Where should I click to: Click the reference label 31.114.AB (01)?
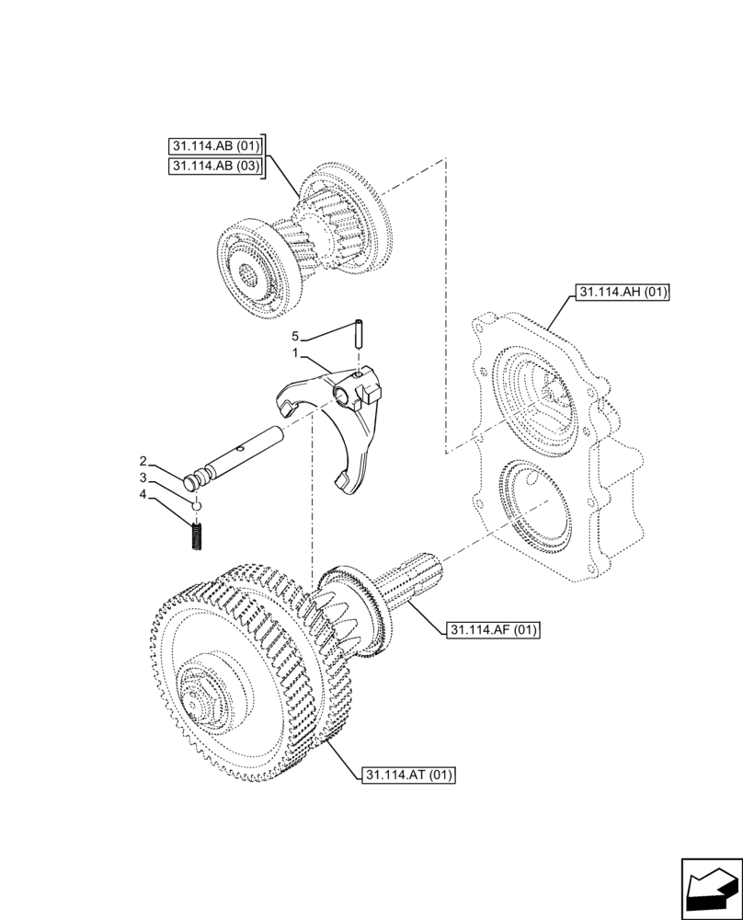(x=216, y=146)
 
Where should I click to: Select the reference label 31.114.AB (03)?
(x=216, y=166)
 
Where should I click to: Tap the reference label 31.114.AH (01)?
(x=623, y=293)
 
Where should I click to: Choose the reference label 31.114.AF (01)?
(x=492, y=630)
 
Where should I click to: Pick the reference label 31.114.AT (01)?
(x=407, y=775)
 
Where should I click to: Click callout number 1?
(x=295, y=353)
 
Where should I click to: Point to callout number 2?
(x=143, y=460)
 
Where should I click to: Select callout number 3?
(x=143, y=478)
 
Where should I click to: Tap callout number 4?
(x=143, y=497)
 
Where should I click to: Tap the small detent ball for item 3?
(x=196, y=505)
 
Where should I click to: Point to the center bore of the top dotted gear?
(x=250, y=274)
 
